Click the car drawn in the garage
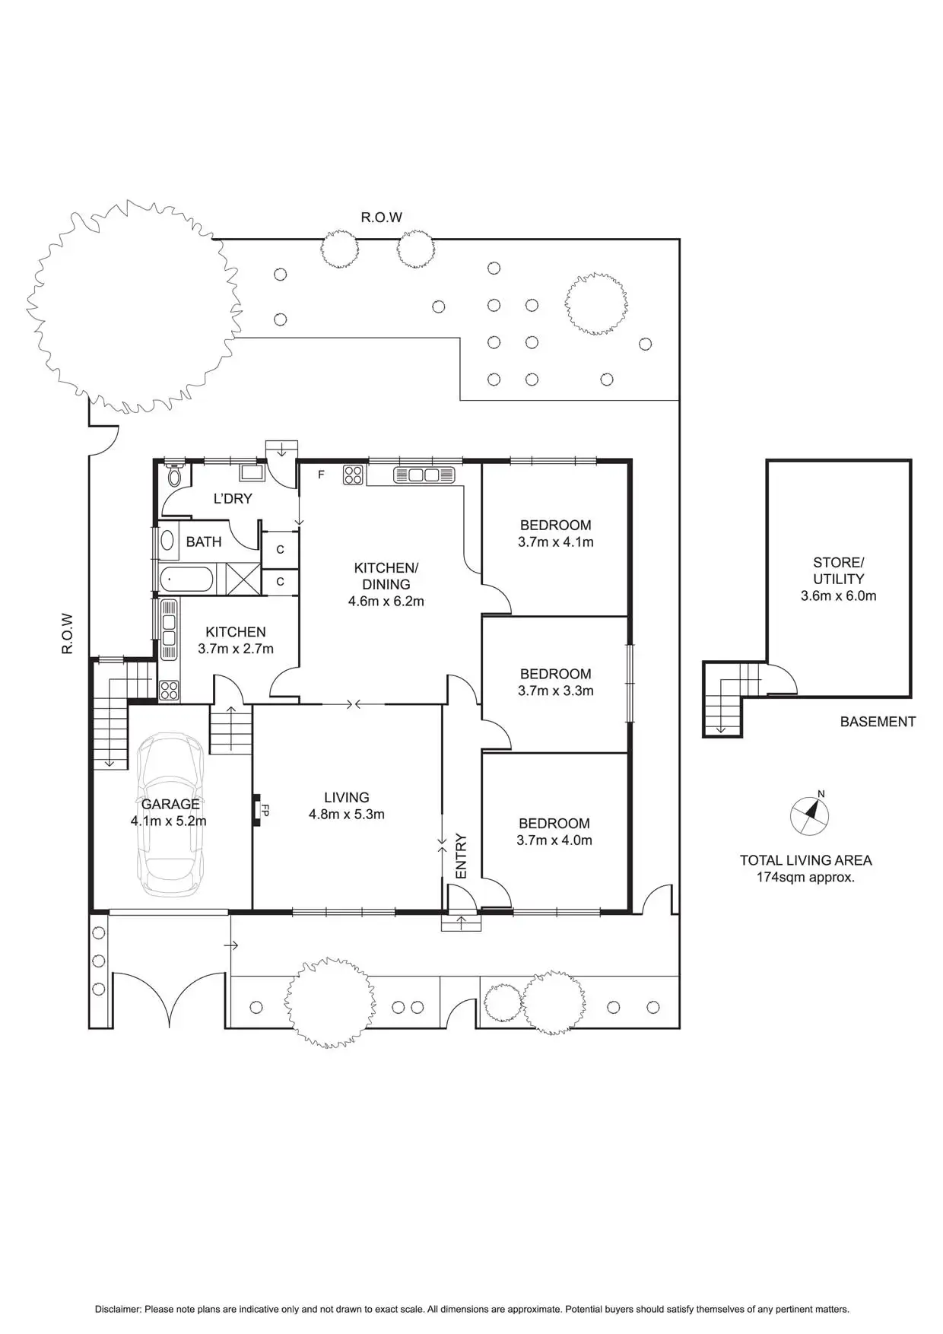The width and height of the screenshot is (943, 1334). pyautogui.click(x=171, y=814)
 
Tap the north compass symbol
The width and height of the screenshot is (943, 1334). pyautogui.click(x=810, y=815)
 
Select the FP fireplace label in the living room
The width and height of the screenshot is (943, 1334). pyautogui.click(x=265, y=810)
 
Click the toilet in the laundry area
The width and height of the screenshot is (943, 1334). pyautogui.click(x=174, y=477)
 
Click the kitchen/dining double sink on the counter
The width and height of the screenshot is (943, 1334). pyautogui.click(x=425, y=475)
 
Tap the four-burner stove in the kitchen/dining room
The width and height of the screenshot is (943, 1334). pyautogui.click(x=353, y=475)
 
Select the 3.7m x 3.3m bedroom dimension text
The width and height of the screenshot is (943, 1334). pyautogui.click(x=555, y=691)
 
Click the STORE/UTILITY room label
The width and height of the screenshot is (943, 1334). pyautogui.click(x=838, y=570)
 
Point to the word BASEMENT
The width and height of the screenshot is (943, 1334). pyautogui.click(x=878, y=722)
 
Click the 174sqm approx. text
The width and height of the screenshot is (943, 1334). pyautogui.click(x=805, y=877)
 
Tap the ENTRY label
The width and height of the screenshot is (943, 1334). pyautogui.click(x=461, y=856)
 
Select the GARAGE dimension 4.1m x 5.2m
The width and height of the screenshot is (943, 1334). pyautogui.click(x=169, y=821)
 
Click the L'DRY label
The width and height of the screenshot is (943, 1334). pyautogui.click(x=233, y=499)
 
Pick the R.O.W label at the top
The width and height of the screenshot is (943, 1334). pyautogui.click(x=381, y=218)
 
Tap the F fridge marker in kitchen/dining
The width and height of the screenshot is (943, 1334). pyautogui.click(x=321, y=475)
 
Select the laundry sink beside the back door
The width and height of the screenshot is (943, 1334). pyautogui.click(x=252, y=472)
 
